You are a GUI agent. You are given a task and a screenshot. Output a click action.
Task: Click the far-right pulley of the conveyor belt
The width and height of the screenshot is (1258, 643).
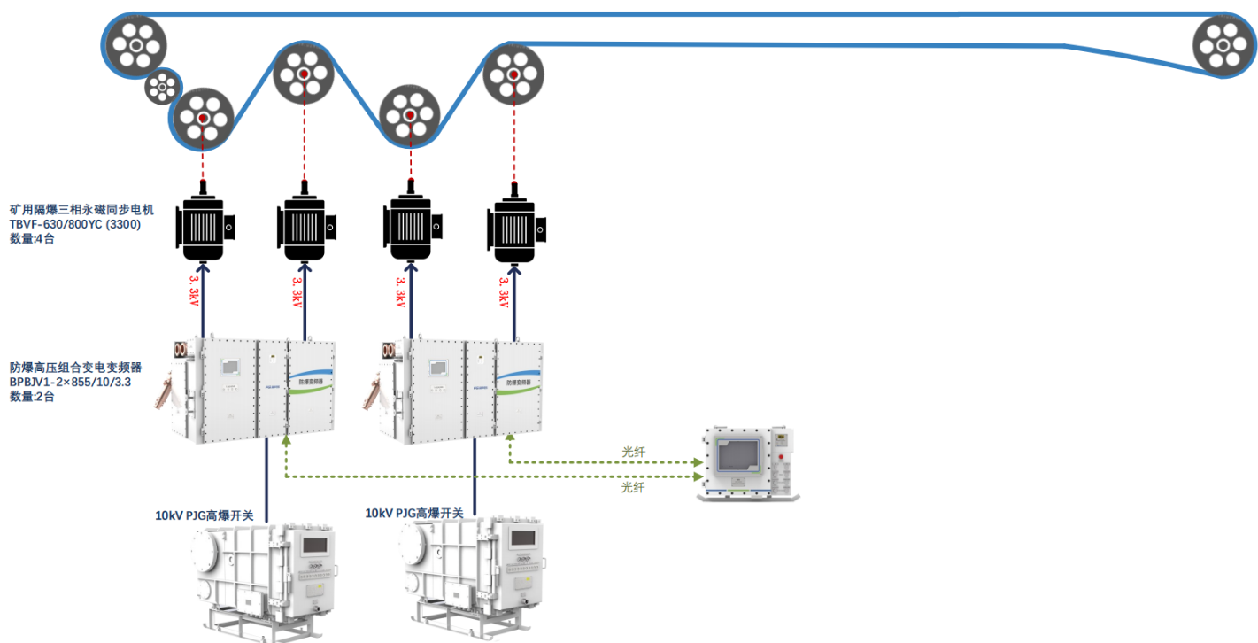tap(1223, 46)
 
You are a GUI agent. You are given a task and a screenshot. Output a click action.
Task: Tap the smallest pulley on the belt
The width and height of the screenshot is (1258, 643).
tap(163, 87)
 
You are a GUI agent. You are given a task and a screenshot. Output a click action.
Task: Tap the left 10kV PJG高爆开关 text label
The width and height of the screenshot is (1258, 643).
tap(204, 515)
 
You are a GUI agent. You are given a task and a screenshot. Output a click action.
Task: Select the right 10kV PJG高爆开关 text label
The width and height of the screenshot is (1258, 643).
tap(414, 513)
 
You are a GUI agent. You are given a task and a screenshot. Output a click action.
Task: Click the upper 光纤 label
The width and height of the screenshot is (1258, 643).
tap(633, 452)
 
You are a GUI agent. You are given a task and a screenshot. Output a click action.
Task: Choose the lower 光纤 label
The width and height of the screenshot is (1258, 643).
tap(633, 487)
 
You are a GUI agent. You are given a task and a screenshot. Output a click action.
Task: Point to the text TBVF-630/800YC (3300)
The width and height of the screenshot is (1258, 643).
tap(75, 224)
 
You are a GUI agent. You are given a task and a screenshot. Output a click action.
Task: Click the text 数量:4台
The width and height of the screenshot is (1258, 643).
tap(32, 238)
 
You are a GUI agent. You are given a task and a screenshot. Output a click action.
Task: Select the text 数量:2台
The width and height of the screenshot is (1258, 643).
tap(32, 397)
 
